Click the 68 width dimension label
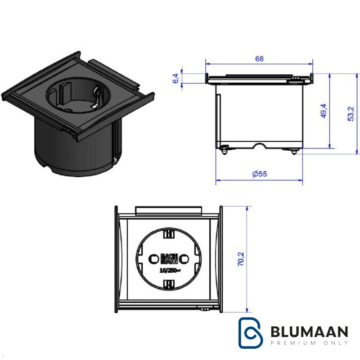click(x=260, y=59)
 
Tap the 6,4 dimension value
click(x=175, y=78)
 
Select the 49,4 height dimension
click(x=323, y=111)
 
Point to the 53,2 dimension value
click(x=351, y=114)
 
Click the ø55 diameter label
click(x=260, y=174)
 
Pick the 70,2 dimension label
click(x=241, y=259)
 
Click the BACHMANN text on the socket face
click(x=169, y=259)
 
